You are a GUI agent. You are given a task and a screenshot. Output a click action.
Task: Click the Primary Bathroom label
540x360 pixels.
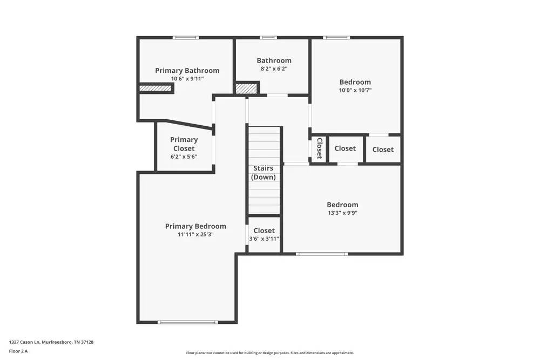[x=187, y=71]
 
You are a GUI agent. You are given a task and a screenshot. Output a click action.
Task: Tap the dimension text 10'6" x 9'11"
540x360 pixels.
[x=187, y=79]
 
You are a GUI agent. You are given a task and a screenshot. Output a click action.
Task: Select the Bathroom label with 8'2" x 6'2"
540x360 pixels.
[x=274, y=60]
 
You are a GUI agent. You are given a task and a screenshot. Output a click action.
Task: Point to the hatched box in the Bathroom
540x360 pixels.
[x=246, y=89]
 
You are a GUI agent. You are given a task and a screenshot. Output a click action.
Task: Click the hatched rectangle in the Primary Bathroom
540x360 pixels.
[x=156, y=88]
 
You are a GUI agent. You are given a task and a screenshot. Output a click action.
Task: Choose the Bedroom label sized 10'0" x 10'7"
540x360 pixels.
[x=355, y=82]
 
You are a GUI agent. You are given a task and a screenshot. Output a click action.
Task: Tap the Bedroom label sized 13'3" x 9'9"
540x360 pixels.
[x=342, y=205]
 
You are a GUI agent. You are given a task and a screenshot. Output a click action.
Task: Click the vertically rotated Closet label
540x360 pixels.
[x=319, y=148]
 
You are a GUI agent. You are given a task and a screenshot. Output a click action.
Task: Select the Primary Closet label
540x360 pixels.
[x=184, y=144]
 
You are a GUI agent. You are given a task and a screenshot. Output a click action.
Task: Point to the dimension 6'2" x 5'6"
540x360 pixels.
[x=184, y=157]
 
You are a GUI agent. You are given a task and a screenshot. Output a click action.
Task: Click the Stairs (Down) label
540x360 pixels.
[x=264, y=173]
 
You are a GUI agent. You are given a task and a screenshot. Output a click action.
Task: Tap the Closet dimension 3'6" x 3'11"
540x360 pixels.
[x=264, y=239]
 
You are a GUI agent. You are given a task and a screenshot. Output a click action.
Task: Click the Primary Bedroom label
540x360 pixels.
[x=195, y=226]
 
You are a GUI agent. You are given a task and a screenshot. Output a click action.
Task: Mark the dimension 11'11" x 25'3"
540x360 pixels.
[x=195, y=235]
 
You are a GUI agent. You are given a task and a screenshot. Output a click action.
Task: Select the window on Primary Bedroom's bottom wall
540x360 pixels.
[x=188, y=322]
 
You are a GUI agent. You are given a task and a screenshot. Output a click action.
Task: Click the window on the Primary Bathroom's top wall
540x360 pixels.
[x=186, y=38]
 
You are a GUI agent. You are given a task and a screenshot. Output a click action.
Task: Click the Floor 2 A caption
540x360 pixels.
[x=18, y=351]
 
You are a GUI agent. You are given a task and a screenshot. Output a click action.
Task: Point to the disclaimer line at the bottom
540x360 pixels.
[x=269, y=353]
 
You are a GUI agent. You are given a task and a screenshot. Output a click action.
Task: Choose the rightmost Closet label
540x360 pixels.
[x=383, y=150]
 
